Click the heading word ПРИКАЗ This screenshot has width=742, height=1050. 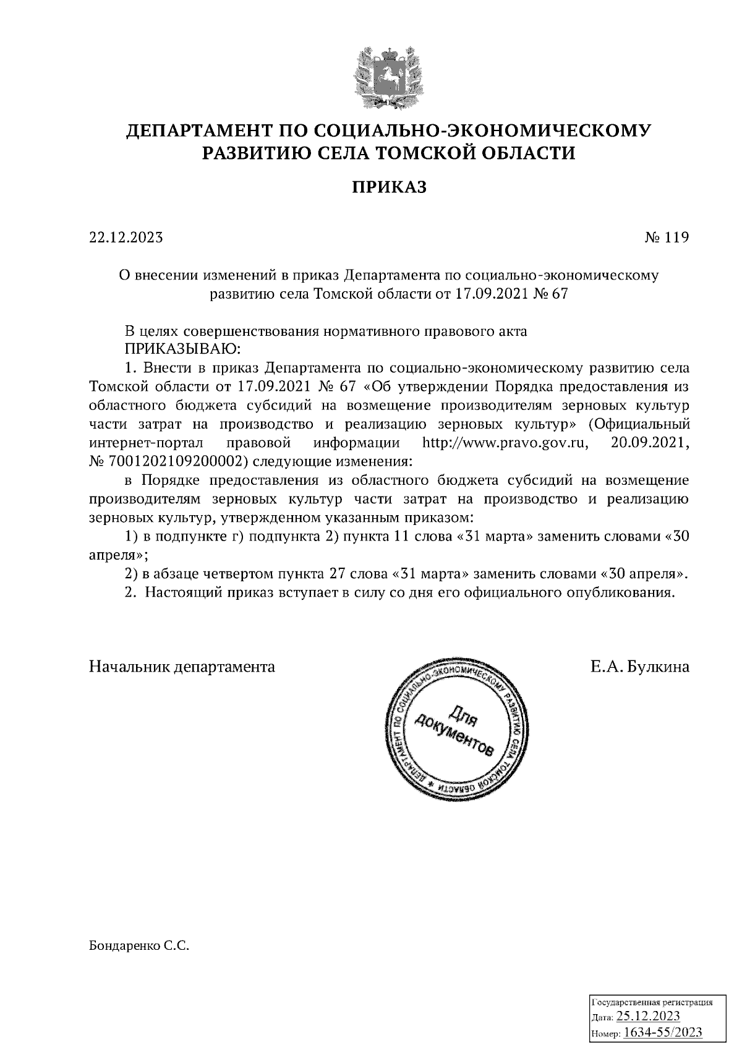pyautogui.click(x=390, y=187)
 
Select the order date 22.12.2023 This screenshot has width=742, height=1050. pyautogui.click(x=126, y=237)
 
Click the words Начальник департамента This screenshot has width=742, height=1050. pyautogui.click(x=182, y=667)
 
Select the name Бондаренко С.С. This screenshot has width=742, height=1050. pyautogui.click(x=139, y=946)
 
